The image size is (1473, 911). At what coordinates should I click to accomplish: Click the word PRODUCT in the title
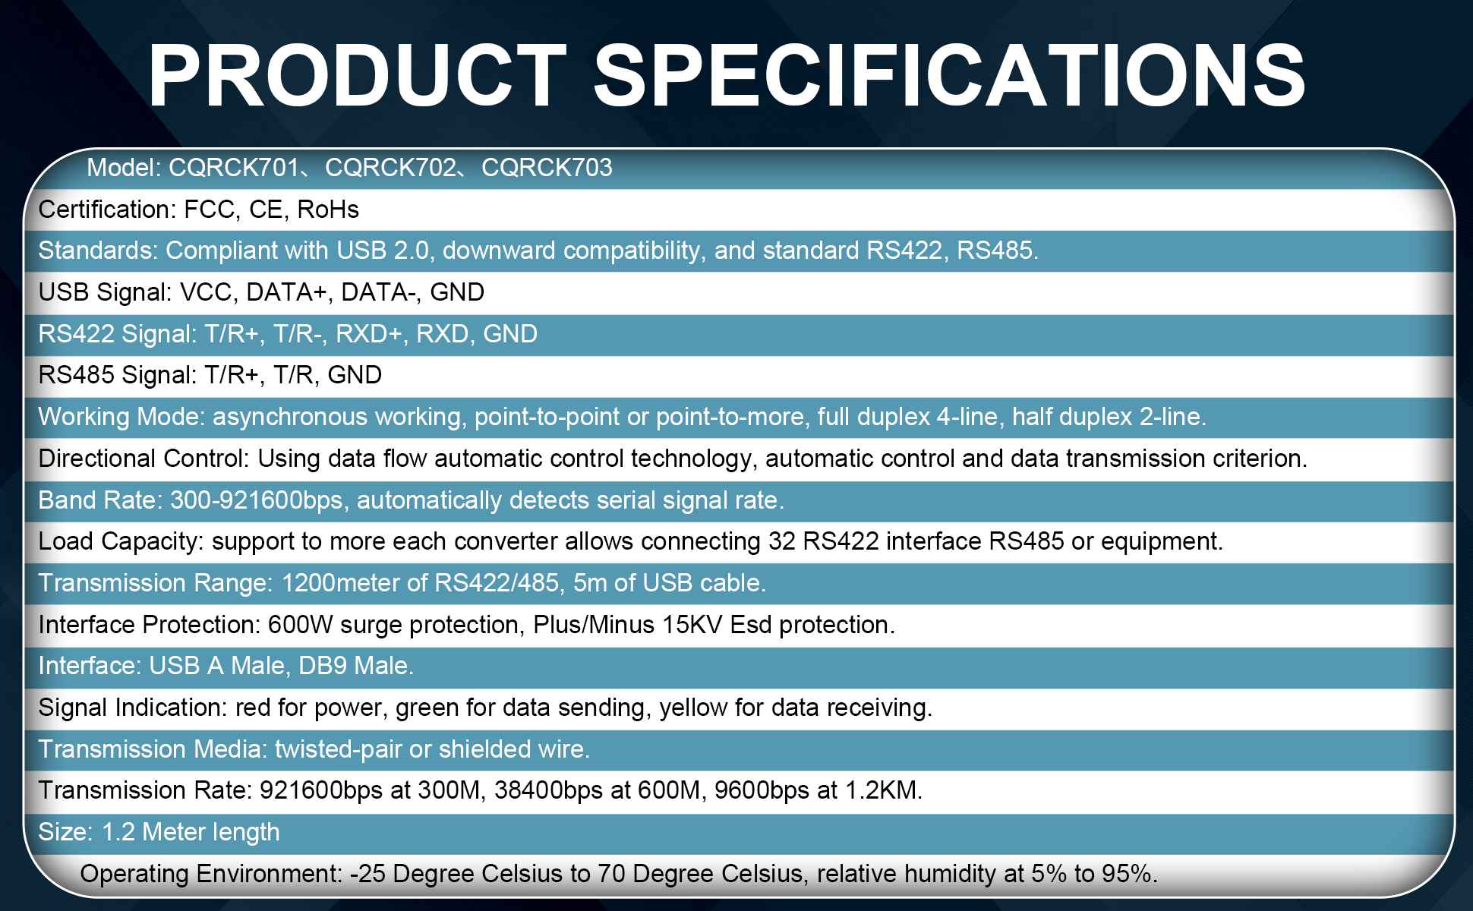358,76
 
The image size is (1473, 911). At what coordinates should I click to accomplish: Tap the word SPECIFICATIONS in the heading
950,76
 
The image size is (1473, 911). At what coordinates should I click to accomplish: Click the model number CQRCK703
547,168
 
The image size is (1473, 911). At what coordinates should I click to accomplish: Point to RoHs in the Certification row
328,210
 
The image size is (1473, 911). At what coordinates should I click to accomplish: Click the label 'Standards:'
98,251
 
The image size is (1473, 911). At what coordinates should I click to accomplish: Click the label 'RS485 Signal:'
118,375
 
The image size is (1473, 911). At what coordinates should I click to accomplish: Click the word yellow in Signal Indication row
693,708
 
